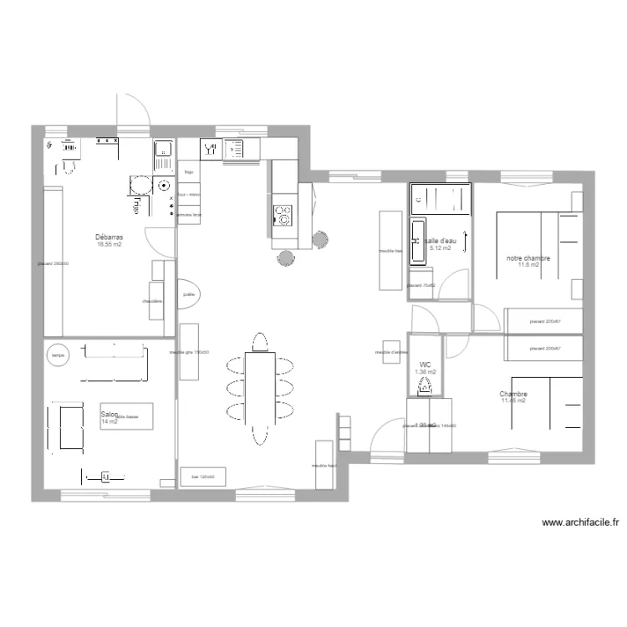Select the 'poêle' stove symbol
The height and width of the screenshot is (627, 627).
pos(188,293)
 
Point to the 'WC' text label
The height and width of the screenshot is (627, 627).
pos(425,364)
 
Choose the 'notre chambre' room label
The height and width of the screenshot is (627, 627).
pos(528,258)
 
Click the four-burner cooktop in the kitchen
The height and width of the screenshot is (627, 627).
pos(283,216)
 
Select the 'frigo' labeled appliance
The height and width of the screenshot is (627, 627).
pos(189,171)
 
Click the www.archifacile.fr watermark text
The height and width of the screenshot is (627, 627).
pos(580,523)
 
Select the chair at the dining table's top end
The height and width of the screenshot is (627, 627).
pos(260,342)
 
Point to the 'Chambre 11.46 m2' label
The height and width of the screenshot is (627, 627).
pos(513,397)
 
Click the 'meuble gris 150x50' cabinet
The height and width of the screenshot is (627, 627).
pos(189,351)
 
